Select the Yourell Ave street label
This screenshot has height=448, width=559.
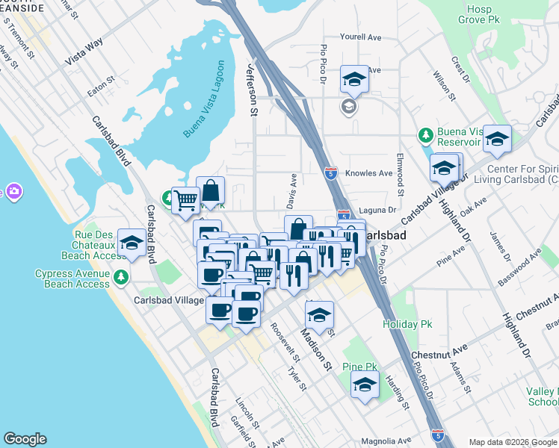360,37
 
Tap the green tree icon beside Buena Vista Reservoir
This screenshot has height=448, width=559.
425,135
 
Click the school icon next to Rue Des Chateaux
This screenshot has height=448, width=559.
132,243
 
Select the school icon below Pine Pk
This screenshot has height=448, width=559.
365,385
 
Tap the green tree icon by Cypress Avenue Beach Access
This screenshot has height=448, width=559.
121,279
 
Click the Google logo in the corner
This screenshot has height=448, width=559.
25,439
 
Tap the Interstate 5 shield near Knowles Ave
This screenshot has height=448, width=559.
331,174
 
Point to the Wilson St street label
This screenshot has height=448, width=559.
443,87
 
